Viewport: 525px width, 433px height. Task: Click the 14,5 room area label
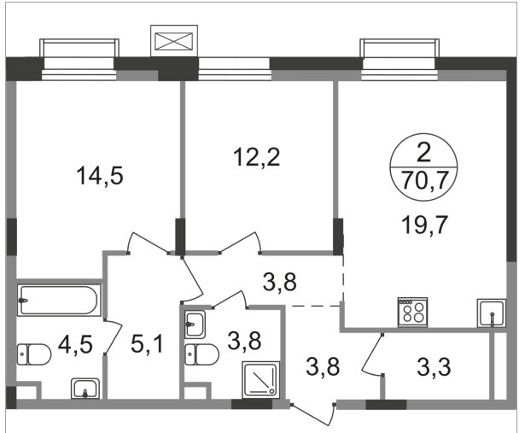coord(100,176)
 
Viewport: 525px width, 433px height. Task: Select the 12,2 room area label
coord(257,157)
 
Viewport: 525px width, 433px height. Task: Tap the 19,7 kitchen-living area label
coord(424,225)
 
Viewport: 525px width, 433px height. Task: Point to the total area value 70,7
coord(424,181)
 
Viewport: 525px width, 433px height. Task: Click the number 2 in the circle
coord(424,154)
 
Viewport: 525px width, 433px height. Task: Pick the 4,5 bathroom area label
coord(75,344)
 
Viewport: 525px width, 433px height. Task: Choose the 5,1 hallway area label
coord(147,344)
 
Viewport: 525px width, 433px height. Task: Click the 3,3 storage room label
coord(434,366)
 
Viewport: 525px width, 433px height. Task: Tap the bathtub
coord(59,300)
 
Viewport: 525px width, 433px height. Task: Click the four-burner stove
coord(412,312)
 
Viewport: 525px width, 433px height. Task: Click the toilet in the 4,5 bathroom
coord(34,354)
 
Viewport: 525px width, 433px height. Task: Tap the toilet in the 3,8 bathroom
coord(202,354)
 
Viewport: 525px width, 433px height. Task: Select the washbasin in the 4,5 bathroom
coord(85,389)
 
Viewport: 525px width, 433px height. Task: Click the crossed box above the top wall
coord(174,41)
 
